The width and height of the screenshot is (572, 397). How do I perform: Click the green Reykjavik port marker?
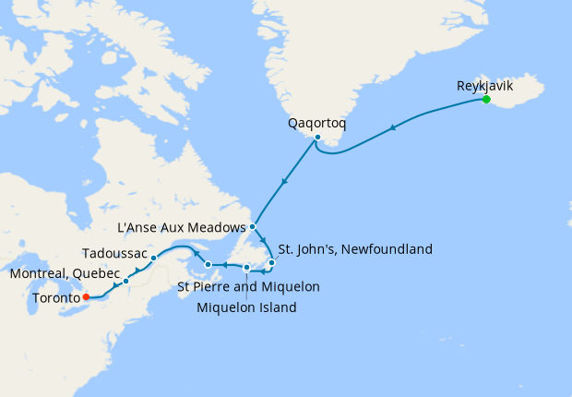(x=486, y=99)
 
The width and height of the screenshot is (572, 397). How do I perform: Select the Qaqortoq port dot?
(x=317, y=138)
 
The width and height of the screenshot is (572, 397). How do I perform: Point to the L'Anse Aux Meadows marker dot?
(x=252, y=225)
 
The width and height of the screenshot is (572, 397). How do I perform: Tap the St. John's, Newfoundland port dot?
(x=272, y=264)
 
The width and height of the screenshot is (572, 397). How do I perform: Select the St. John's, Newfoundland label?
(x=354, y=248)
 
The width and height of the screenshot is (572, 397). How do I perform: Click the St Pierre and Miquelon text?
(x=248, y=287)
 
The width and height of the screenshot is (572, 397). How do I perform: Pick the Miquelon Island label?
(x=246, y=307)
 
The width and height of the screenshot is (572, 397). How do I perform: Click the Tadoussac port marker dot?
(x=153, y=259)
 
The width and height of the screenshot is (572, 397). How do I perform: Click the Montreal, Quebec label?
(x=65, y=274)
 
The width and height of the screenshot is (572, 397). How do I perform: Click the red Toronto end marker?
(x=86, y=297)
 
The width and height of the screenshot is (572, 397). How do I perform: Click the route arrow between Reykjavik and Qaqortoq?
(x=395, y=127)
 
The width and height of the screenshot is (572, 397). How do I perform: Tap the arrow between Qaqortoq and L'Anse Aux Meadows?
(x=283, y=183)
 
